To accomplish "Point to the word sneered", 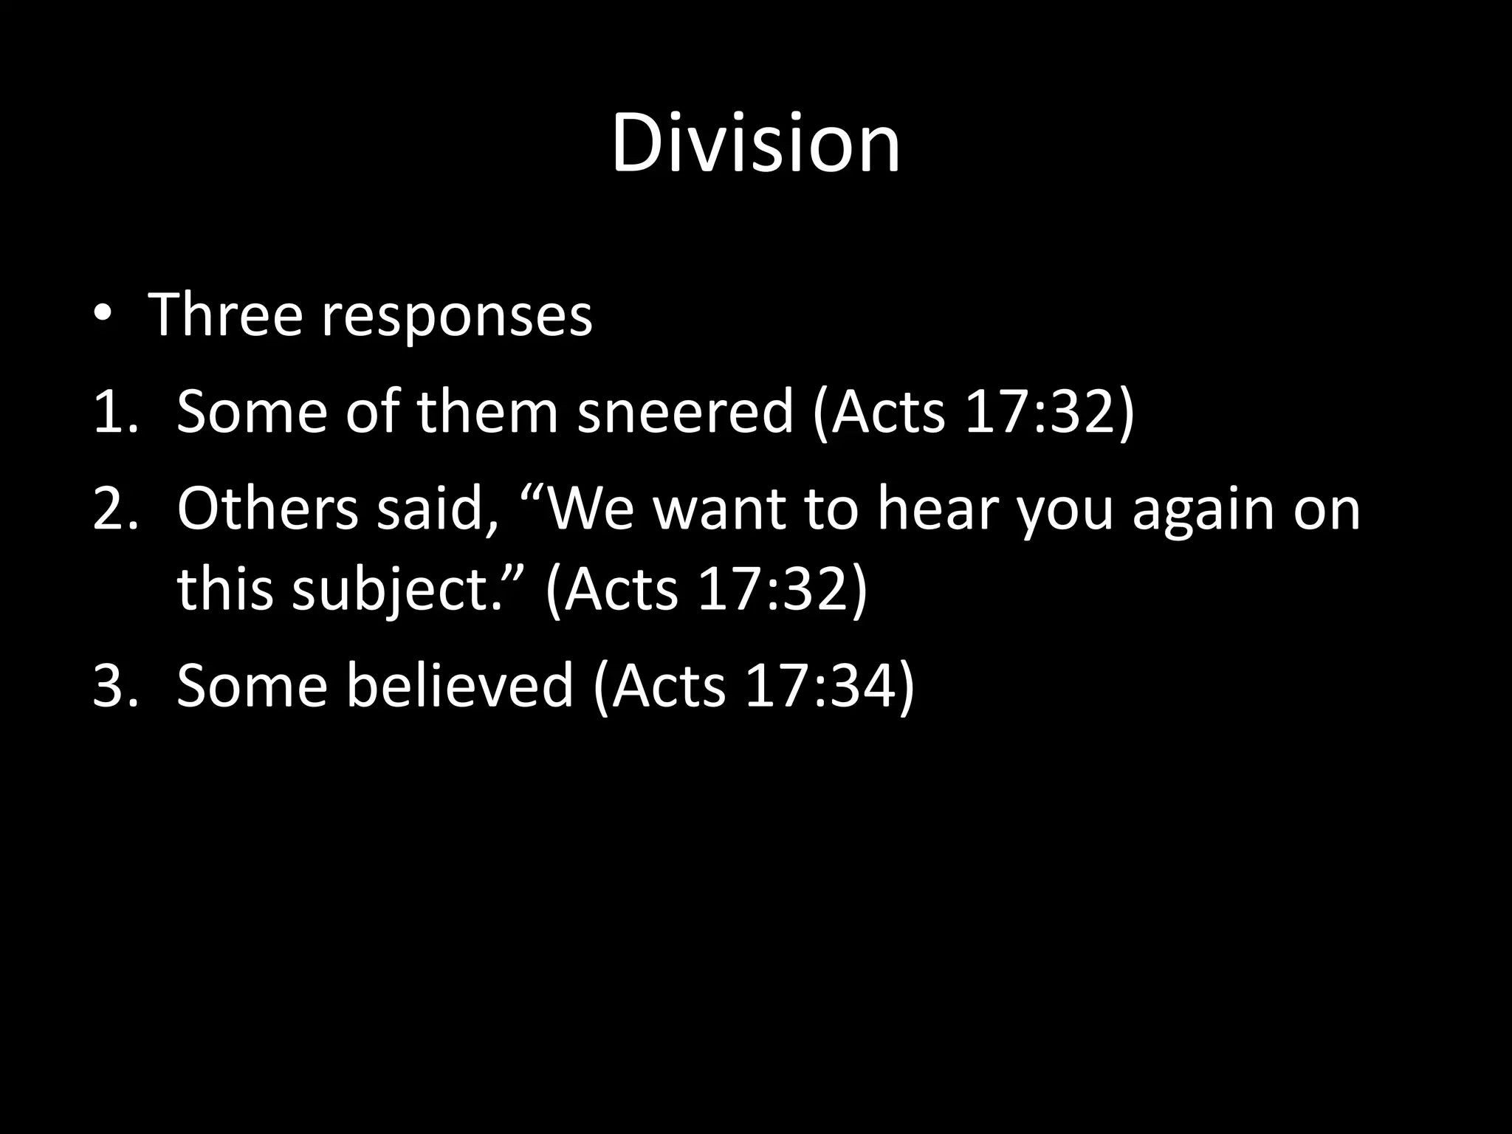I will pos(684,411).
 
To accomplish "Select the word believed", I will pos(459,685).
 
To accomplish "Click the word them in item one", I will pos(487,411).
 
